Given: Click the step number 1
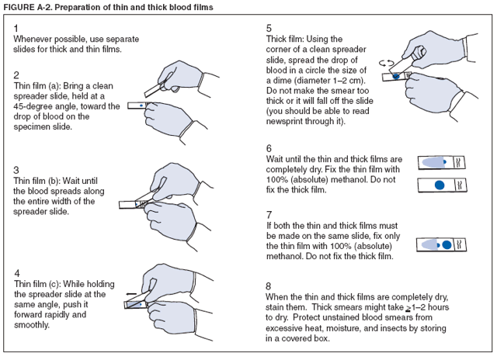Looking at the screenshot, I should (17, 27).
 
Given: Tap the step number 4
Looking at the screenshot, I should (17, 274).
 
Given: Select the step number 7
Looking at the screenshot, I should (269, 213).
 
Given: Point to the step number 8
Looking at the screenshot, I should (269, 286).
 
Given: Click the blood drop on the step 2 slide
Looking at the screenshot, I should (140, 103).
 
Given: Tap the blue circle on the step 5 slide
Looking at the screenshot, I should (398, 77).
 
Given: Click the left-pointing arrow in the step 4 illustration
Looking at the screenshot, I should (130, 294).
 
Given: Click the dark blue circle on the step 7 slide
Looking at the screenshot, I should (447, 244).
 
